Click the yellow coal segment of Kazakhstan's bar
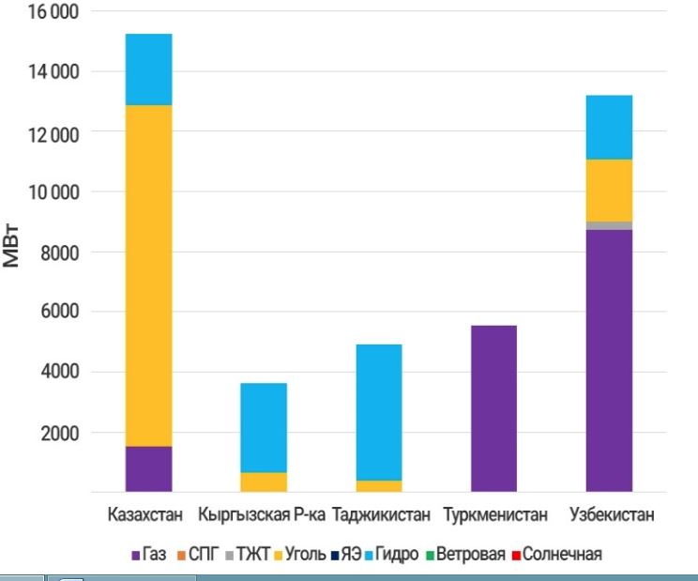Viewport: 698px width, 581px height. click(148, 275)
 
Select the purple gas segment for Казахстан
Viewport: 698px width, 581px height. click(148, 468)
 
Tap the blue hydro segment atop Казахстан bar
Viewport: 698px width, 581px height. click(148, 69)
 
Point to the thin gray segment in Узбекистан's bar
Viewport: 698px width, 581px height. click(608, 225)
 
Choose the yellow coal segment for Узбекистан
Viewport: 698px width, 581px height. click(608, 190)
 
